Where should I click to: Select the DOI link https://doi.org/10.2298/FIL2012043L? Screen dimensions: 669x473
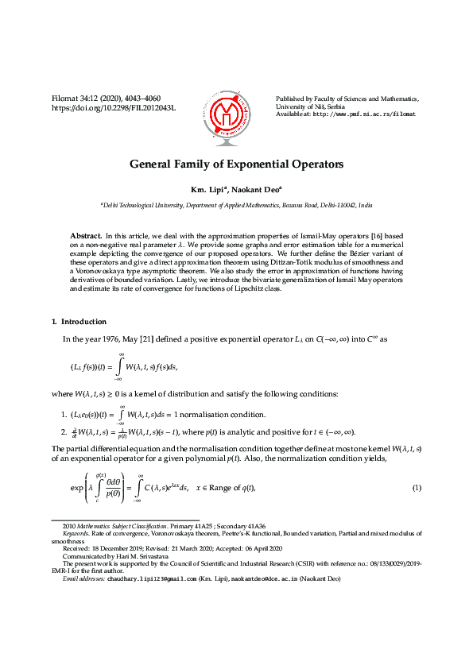coord(114,107)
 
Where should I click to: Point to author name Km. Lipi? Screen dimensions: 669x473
coord(207,190)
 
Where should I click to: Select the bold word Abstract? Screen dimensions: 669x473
coord(85,237)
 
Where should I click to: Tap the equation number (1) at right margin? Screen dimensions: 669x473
coord(416,487)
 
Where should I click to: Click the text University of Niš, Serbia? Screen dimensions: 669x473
coord(312,106)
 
